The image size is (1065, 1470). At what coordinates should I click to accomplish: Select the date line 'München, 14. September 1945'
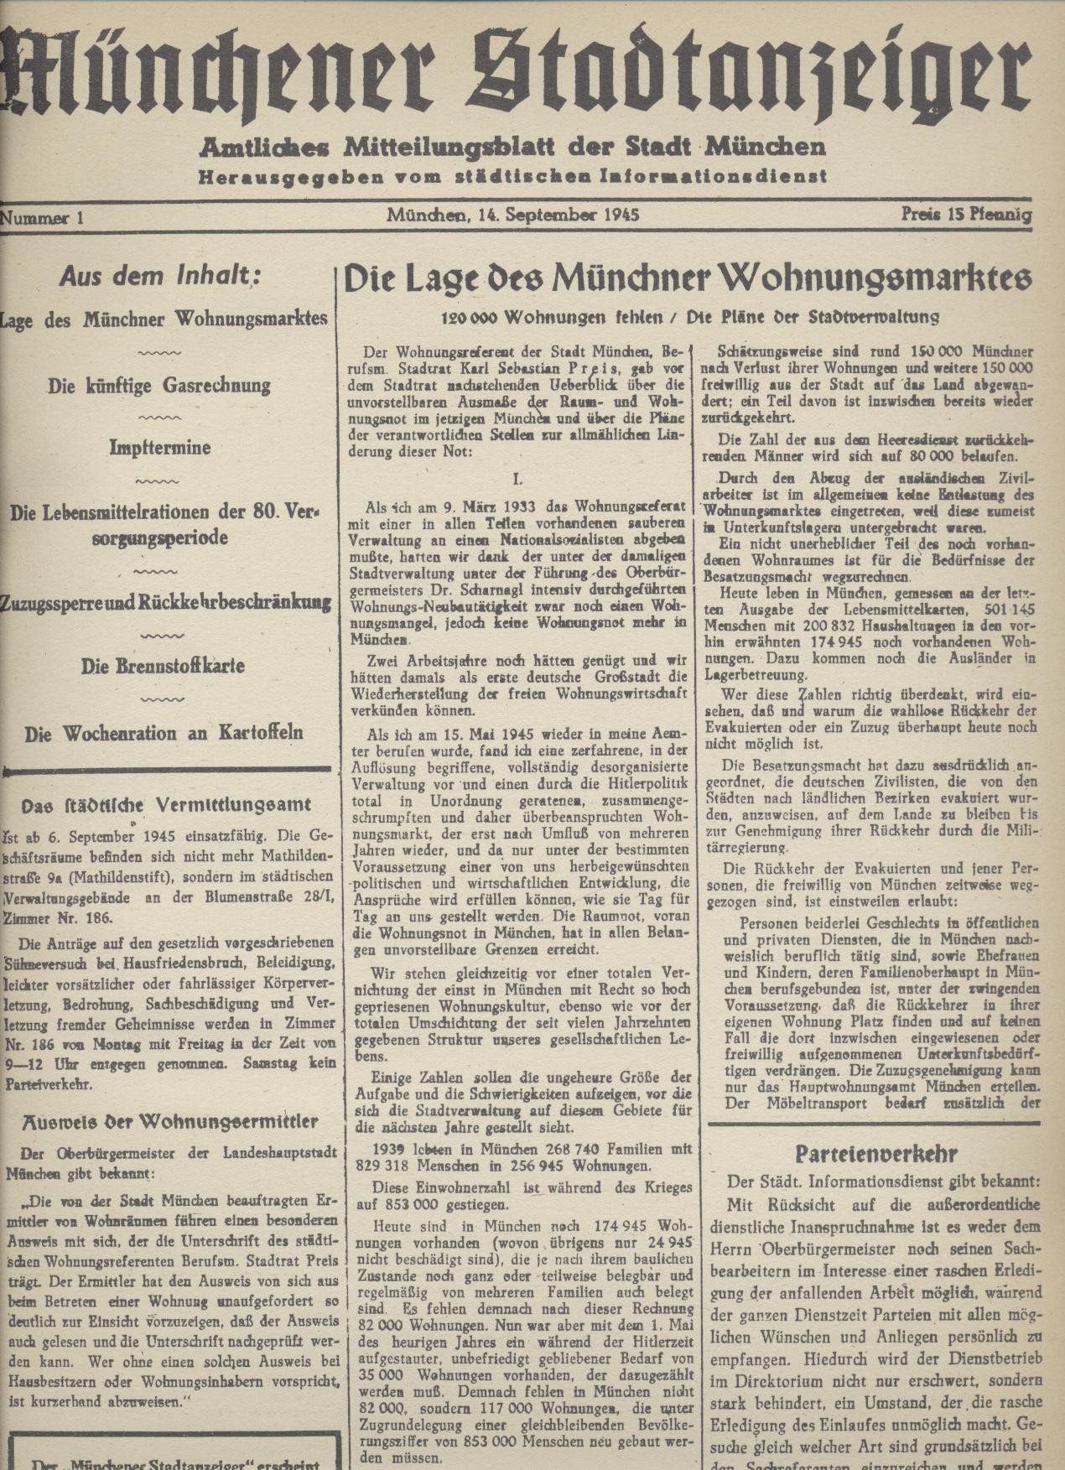point(513,215)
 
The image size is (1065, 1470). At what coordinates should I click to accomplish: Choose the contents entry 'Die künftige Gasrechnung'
point(159,386)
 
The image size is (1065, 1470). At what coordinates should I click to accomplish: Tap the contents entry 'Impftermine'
point(158,447)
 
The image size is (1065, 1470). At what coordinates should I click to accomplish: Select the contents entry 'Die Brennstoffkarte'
point(163,667)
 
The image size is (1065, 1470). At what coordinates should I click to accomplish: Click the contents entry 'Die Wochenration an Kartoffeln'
point(164,734)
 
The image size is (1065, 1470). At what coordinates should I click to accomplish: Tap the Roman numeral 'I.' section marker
point(517,479)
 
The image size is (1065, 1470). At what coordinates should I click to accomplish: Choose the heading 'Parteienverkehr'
point(875,1154)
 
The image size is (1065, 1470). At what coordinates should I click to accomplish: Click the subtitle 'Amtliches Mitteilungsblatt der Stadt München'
point(512,148)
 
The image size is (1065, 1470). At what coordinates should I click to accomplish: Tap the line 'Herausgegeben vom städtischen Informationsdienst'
point(512,176)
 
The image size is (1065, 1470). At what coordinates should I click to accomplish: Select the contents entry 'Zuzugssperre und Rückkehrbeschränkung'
point(165,602)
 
